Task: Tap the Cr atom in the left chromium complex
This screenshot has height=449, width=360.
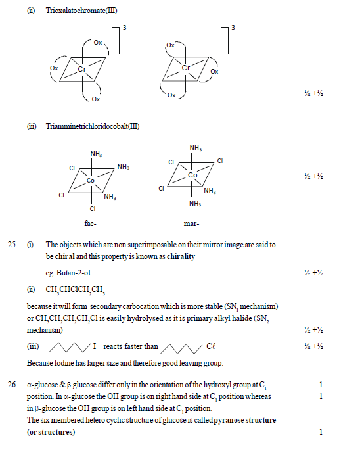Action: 82,68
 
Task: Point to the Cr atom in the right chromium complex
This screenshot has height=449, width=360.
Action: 186,67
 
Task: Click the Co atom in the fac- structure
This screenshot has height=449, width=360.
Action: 91,179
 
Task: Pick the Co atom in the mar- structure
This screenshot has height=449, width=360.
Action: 192,176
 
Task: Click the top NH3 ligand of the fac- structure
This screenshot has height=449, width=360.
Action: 96,154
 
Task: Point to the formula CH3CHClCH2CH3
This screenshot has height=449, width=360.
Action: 76,289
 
